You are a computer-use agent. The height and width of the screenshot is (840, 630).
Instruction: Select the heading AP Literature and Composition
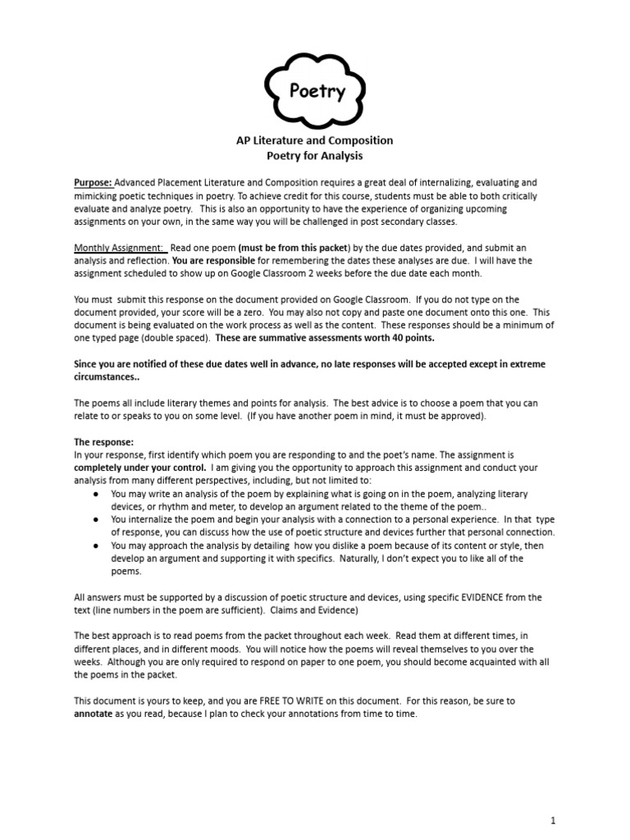click(x=314, y=140)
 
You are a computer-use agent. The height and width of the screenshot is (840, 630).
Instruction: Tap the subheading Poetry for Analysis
click(x=314, y=155)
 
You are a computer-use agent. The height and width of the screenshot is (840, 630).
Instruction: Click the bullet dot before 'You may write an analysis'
click(x=96, y=494)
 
